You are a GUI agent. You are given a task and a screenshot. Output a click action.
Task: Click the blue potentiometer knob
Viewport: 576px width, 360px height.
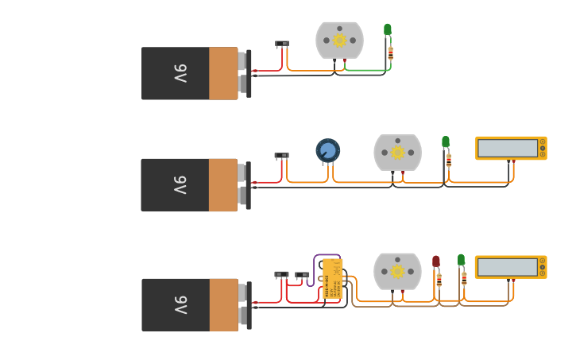[328, 149]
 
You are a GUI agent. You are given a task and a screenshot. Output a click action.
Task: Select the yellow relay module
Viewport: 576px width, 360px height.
[332, 279]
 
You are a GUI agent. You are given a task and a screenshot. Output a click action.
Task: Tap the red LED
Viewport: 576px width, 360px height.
[435, 261]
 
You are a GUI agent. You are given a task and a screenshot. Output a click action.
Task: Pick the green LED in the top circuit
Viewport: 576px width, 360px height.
[388, 29]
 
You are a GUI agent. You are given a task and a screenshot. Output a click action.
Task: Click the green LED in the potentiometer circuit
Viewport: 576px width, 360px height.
[446, 141]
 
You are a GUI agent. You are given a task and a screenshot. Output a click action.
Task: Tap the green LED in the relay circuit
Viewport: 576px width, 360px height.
[461, 260]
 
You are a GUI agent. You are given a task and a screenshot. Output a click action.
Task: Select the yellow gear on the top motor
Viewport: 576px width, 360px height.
[339, 41]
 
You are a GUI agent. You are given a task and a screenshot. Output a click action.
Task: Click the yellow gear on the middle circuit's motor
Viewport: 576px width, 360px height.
[397, 153]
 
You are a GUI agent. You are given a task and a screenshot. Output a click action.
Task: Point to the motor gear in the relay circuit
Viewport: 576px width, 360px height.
[397, 271]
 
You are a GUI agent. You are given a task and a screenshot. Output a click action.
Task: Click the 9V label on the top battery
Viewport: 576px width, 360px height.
[180, 74]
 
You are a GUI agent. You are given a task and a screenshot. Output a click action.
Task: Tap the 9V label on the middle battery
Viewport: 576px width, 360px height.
[180, 185]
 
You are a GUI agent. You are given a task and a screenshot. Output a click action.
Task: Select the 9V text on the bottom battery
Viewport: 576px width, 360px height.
[180, 305]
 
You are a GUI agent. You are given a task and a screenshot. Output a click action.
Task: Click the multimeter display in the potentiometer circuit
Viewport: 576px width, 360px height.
[507, 148]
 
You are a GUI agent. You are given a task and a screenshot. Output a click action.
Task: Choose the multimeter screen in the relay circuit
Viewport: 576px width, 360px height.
[507, 267]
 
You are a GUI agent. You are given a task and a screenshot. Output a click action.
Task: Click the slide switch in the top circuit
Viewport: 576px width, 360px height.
[282, 44]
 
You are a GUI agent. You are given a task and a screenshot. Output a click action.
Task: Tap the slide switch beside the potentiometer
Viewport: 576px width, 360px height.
[282, 156]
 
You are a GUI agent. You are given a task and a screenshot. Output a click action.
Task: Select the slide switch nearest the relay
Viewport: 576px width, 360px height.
[303, 275]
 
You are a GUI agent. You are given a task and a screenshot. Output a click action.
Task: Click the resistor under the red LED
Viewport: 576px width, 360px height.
[439, 280]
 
